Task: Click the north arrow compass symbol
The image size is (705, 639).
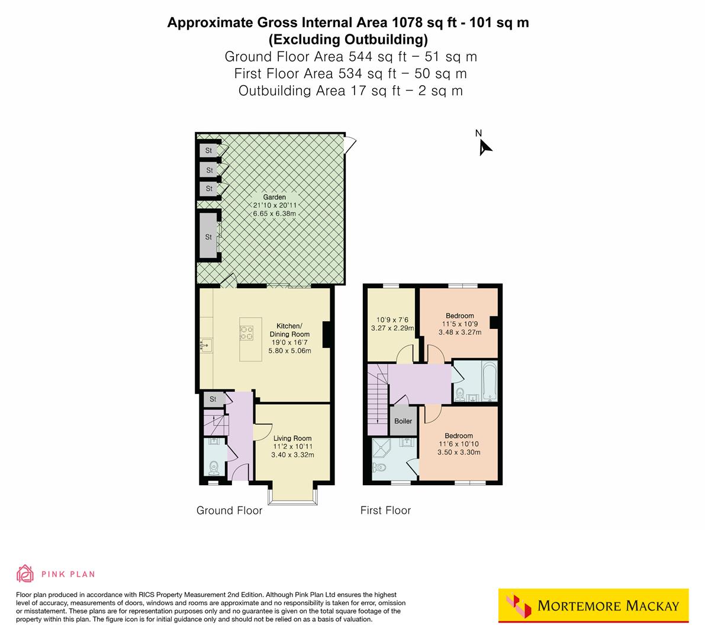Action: tap(485, 146)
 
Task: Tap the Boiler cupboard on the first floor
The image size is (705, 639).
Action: tap(403, 421)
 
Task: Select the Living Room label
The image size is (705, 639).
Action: tap(292, 438)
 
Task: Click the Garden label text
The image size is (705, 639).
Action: tap(274, 197)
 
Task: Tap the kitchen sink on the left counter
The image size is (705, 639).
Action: tap(206, 344)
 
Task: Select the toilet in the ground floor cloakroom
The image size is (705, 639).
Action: tap(214, 467)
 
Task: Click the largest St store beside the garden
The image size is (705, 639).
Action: tap(208, 237)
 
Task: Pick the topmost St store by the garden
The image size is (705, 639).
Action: tap(208, 151)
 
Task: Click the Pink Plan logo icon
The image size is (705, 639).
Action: tap(25, 573)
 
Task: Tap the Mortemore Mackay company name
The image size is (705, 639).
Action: tap(608, 606)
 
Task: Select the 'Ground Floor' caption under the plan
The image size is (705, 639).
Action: tap(229, 510)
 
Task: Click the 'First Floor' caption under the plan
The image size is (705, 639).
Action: tap(385, 510)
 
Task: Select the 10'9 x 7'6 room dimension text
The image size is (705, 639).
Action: tap(392, 320)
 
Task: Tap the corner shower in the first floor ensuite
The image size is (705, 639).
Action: tap(383, 448)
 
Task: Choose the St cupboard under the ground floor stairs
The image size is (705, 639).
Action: tap(213, 399)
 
